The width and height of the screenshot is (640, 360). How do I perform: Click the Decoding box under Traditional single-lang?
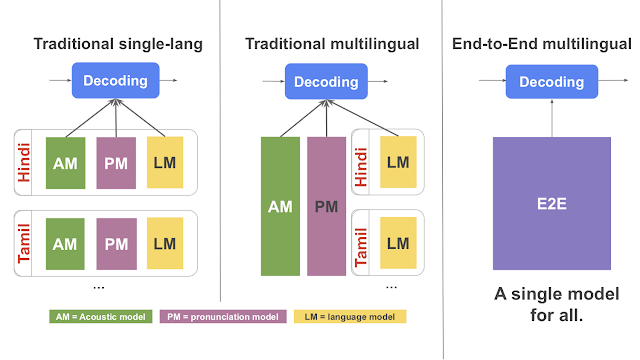coord(115,81)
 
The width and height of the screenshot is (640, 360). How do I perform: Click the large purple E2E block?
coord(551,204)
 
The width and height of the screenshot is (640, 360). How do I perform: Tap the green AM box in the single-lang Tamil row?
coord(65,243)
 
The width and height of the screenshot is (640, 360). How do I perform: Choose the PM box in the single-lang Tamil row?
coord(116,243)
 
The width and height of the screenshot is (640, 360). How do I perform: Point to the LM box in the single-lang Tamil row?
coord(166,243)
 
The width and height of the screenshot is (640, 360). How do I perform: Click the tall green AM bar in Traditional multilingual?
coord(280,206)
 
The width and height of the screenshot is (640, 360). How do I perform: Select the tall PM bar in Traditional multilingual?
coord(327,206)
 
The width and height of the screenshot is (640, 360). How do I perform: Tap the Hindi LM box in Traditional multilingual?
coord(397,161)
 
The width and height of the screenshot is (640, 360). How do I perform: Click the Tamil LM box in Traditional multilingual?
coord(397,243)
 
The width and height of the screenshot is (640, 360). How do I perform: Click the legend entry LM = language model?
coord(350,317)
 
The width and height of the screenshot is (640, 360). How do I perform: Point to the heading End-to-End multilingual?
coord(556,44)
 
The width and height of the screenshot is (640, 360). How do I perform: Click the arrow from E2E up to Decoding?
coord(551,118)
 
